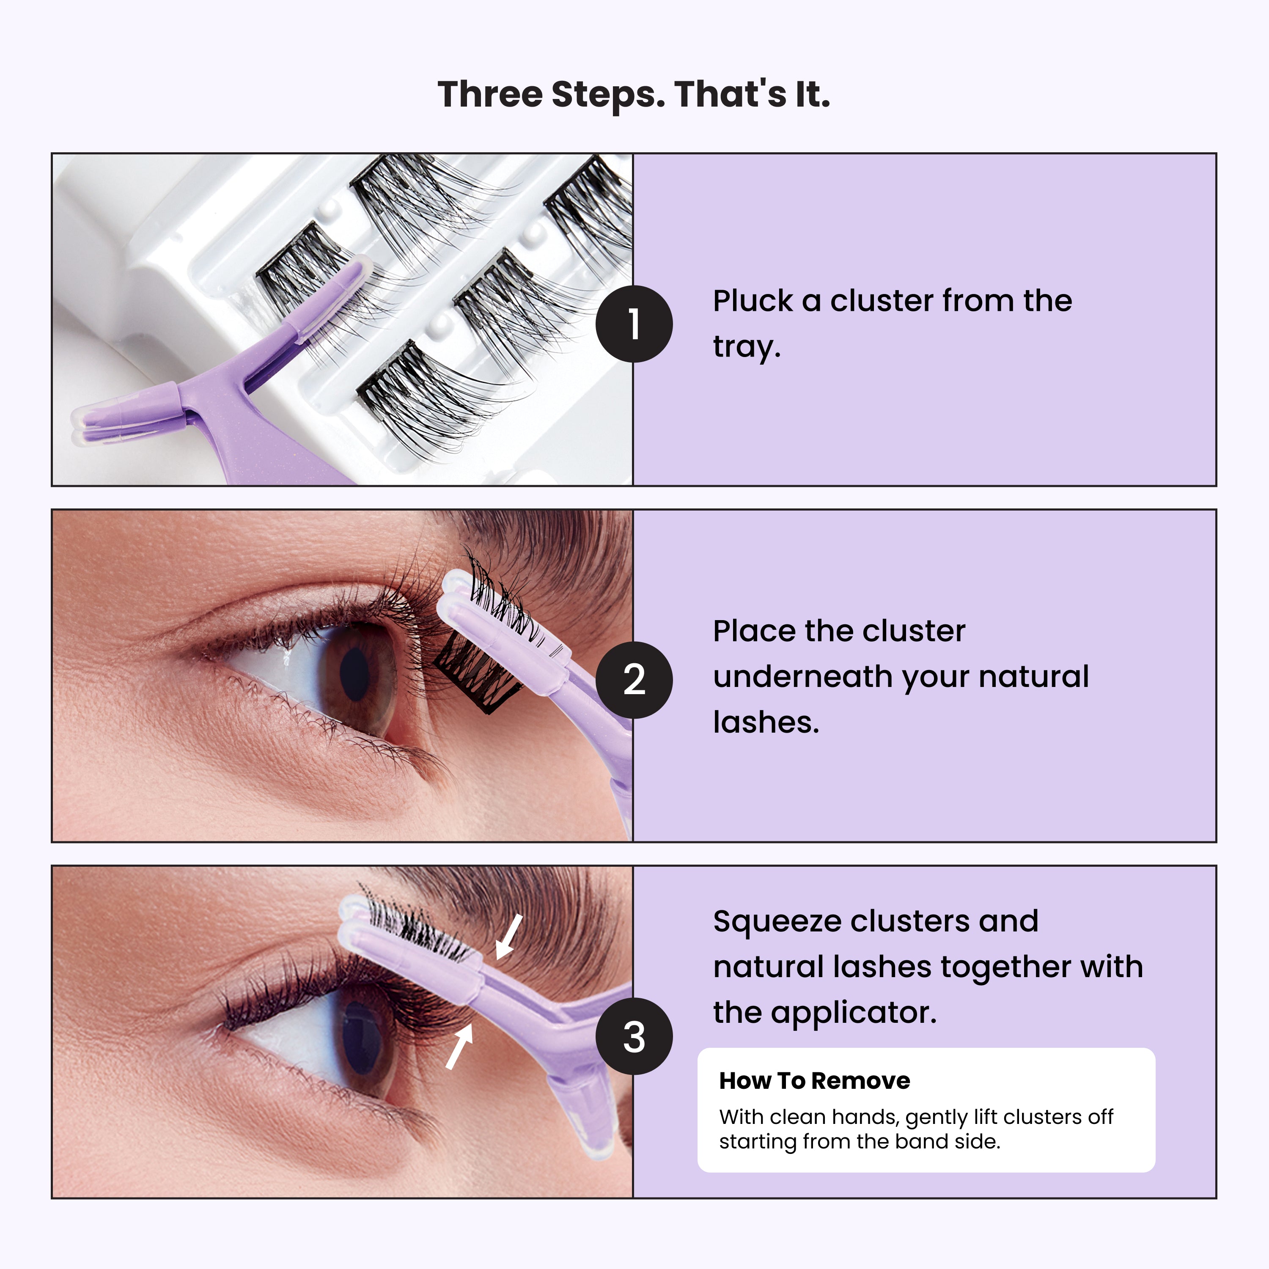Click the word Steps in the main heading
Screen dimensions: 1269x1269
602,95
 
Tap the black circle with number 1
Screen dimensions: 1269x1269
634,324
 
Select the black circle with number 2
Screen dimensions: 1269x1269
634,680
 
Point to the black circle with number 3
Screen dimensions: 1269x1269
634,1036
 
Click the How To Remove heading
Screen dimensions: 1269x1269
814,1080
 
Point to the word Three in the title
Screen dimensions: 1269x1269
489,95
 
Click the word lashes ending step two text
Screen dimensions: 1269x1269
766,722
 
